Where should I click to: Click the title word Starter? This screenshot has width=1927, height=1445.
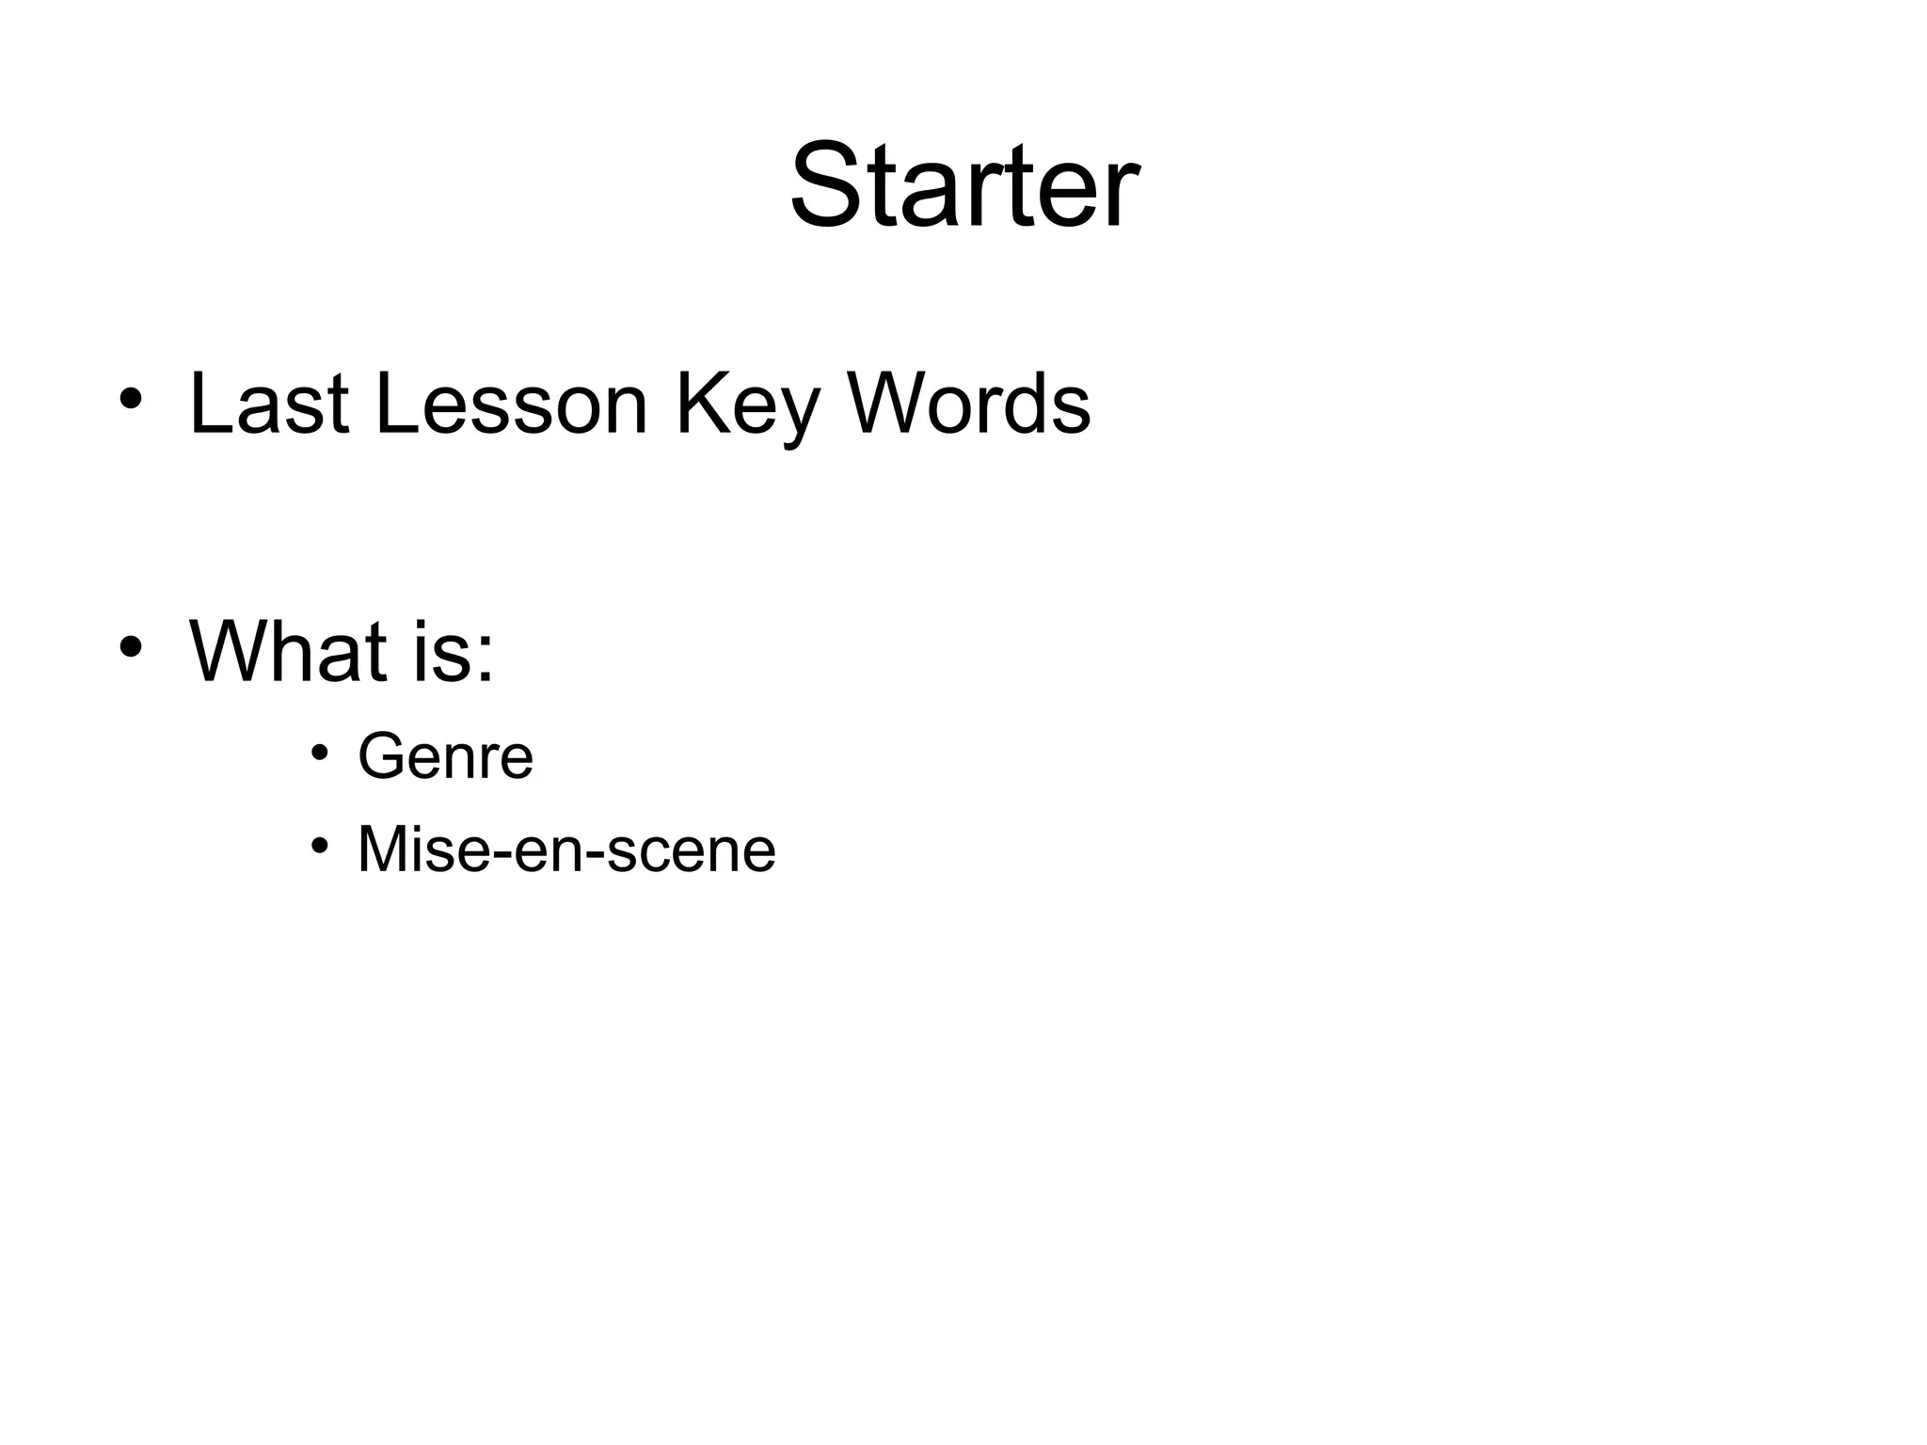point(963,184)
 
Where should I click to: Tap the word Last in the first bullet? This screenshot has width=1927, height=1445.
point(269,405)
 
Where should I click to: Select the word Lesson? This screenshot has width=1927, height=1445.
point(511,405)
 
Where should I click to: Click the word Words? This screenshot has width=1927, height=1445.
point(968,405)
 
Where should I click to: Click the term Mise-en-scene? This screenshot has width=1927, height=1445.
point(566,850)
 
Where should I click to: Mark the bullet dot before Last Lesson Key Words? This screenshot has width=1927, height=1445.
point(130,400)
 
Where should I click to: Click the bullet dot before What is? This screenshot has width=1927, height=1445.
point(130,647)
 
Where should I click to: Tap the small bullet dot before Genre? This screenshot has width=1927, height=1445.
point(320,752)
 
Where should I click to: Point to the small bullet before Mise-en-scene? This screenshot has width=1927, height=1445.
point(320,845)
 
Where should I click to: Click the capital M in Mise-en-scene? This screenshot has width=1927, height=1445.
point(385,850)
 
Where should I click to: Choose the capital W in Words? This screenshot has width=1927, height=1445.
point(890,405)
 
